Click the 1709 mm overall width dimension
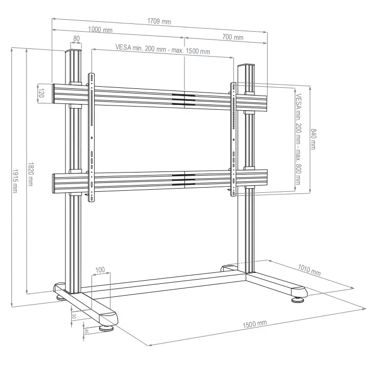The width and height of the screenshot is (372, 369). pos(159,22)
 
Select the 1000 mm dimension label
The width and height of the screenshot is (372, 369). pos(100,30)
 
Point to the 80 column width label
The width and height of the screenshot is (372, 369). pos(76,38)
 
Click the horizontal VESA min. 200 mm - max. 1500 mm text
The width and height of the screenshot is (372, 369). pos(163,51)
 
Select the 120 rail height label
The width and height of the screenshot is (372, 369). pos(41,93)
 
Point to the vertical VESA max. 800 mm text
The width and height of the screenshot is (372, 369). pos(298,139)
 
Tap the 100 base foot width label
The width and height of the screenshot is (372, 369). pos(100,270)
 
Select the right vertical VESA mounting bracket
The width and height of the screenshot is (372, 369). pos(233,138)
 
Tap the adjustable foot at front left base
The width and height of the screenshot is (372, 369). pos(108,327)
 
